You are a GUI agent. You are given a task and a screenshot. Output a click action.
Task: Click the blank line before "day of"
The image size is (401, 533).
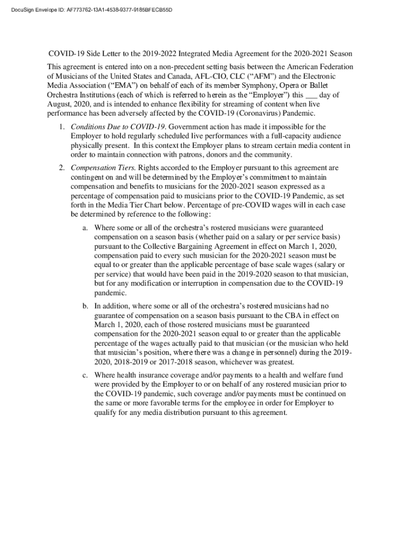(311, 96)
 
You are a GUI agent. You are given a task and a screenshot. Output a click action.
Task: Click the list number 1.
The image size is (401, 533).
(61, 126)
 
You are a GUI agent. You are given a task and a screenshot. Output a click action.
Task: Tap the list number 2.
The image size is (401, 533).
(61, 168)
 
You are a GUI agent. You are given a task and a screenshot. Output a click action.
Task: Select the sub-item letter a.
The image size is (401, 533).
(85, 228)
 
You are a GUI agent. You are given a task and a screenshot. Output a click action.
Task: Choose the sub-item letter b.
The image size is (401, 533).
(85, 306)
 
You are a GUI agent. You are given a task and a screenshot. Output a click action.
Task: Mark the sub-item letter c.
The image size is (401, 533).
(85, 375)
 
